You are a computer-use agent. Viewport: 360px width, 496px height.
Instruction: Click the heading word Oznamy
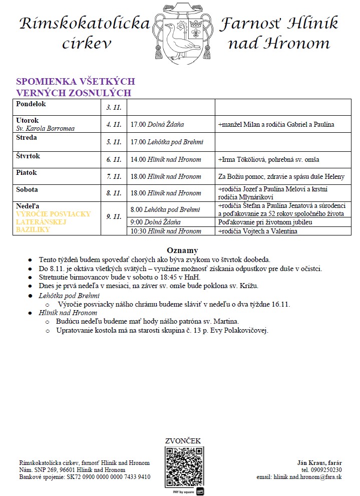[x=182, y=250]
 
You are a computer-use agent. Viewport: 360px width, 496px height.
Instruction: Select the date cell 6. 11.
[x=114, y=160]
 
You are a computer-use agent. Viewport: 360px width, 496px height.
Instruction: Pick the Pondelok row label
[x=31, y=104]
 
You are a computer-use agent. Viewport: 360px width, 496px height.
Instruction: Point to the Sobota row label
[x=27, y=190]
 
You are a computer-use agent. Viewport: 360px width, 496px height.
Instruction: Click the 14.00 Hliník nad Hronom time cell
[x=165, y=160]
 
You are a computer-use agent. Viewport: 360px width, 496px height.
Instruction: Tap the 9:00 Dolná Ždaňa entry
[x=155, y=222]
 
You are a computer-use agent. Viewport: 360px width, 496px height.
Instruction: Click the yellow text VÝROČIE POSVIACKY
[x=54, y=214]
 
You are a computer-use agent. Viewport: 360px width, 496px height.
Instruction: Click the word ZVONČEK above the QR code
[x=183, y=441]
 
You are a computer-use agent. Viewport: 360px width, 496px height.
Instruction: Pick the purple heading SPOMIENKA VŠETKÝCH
[x=76, y=82]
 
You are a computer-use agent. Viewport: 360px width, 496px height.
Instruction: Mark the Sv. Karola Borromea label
[x=46, y=128]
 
